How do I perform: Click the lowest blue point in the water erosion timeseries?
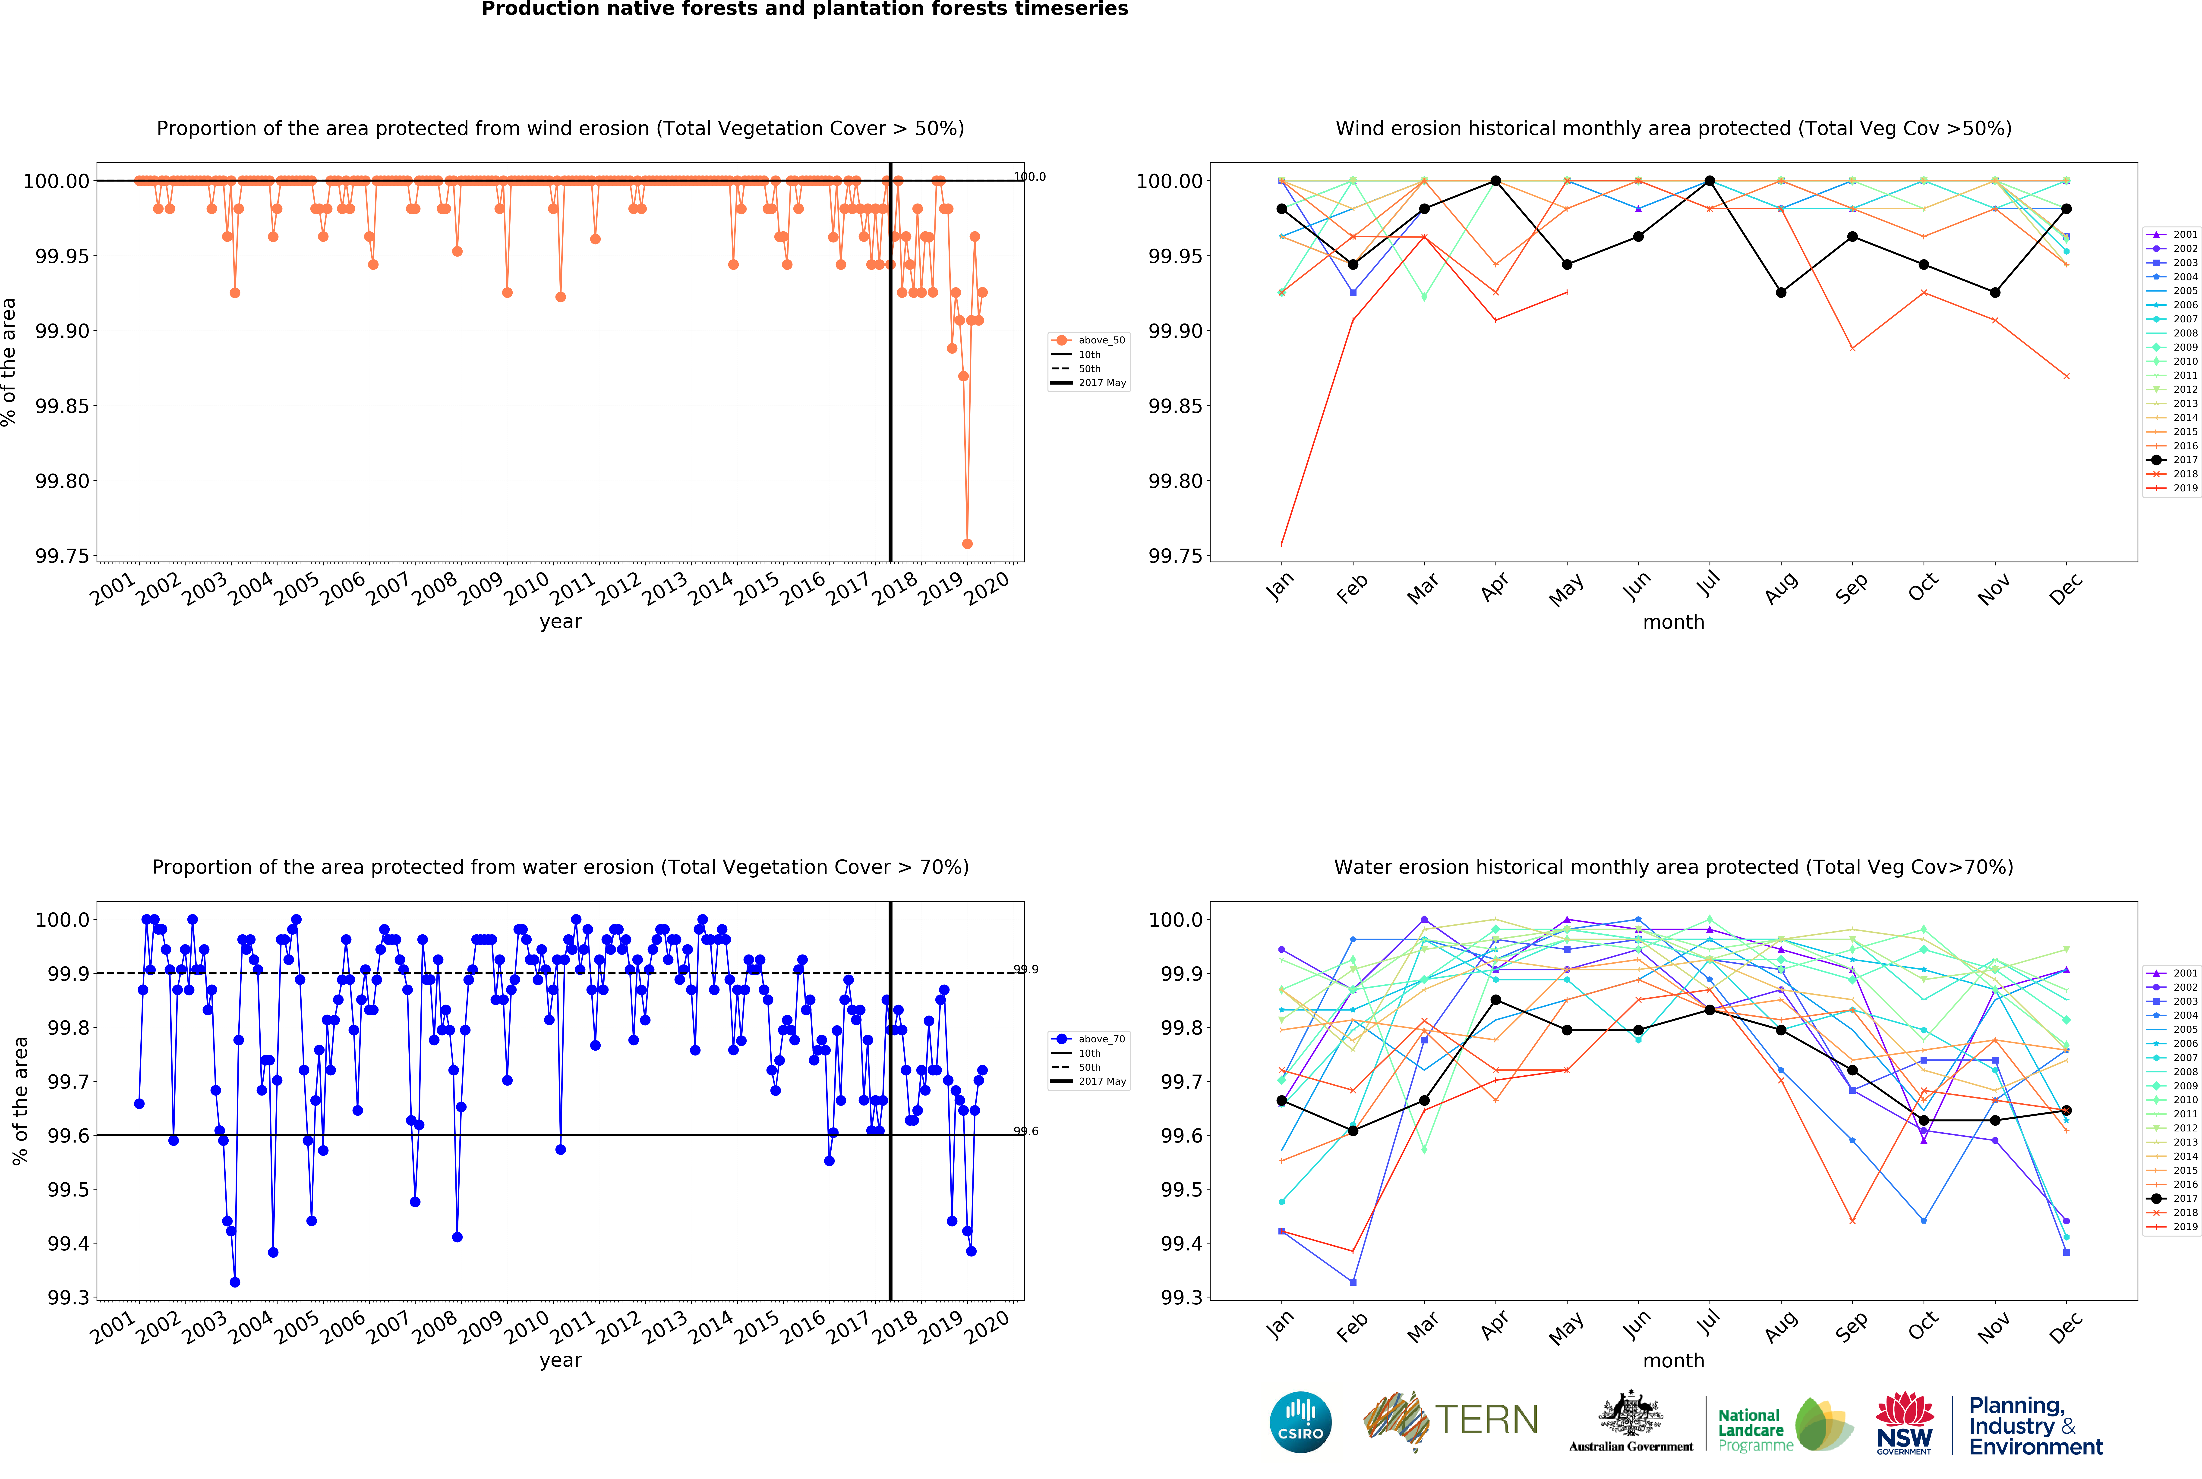click(x=235, y=1282)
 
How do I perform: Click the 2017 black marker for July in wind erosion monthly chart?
click(x=1710, y=181)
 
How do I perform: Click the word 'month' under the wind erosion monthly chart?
click(x=1674, y=622)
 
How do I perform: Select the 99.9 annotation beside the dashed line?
click(x=1025, y=969)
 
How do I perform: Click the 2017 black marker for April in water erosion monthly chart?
click(x=1495, y=1000)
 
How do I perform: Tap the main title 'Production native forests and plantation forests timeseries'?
click(x=804, y=9)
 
